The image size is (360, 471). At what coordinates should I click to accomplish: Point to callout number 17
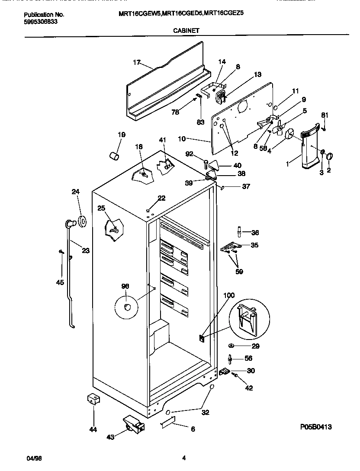[137, 63]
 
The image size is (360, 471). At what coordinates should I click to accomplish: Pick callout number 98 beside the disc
[125, 286]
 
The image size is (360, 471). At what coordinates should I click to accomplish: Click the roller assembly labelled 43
[132, 424]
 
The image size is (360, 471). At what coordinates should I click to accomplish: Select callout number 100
[229, 295]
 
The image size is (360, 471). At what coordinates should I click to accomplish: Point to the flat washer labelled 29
[232, 346]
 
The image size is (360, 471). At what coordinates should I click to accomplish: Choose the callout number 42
[249, 388]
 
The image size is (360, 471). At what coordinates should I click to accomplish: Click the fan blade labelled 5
[279, 129]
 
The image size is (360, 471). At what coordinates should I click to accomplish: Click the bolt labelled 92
[206, 163]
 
